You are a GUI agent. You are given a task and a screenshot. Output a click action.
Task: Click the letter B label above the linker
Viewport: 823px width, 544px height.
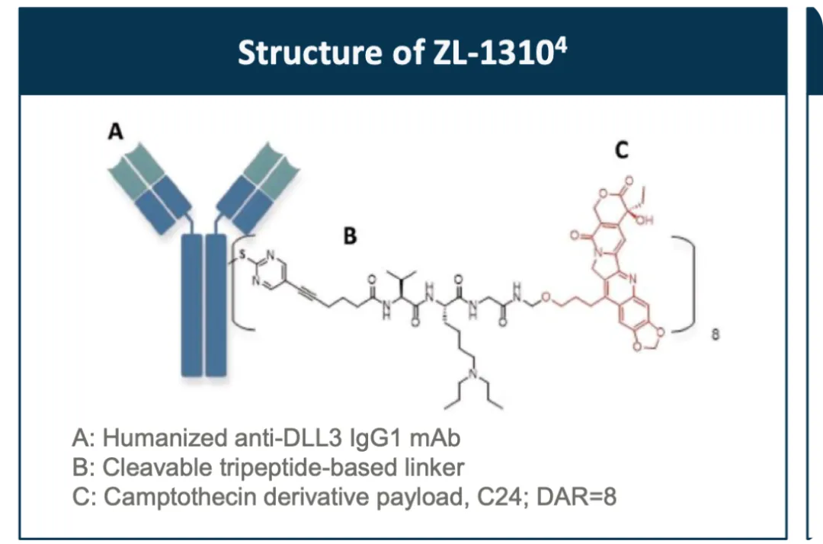tap(350, 236)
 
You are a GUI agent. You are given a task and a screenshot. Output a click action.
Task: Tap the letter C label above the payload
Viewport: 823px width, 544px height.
tap(622, 152)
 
